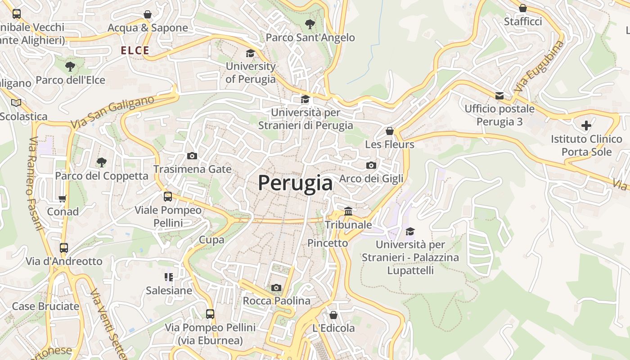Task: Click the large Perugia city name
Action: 295,183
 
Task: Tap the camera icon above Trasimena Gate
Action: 192,156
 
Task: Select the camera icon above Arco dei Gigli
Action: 371,165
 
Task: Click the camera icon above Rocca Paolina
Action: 276,288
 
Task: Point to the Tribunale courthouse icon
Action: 348,211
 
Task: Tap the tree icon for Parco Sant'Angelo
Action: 310,24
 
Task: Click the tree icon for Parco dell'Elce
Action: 70,67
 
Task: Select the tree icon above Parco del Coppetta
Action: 102,162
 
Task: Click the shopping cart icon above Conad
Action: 63,198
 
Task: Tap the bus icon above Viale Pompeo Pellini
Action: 168,197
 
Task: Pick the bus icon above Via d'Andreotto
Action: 64,247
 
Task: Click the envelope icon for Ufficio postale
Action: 499,95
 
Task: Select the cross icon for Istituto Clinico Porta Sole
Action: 586,125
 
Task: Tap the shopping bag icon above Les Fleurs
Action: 390,131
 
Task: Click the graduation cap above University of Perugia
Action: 250,54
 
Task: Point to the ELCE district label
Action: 135,50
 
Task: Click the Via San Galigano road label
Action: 112,112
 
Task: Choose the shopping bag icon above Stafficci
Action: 523,8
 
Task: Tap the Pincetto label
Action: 328,243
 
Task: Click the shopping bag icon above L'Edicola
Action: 333,315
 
